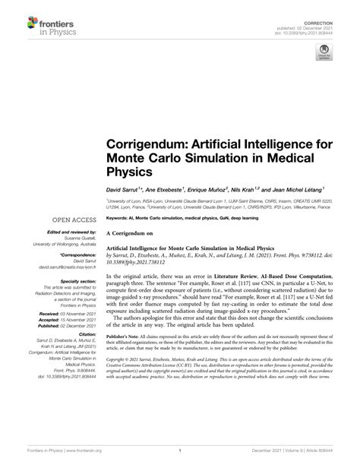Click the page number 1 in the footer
pyautogui.click(x=180, y=453)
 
